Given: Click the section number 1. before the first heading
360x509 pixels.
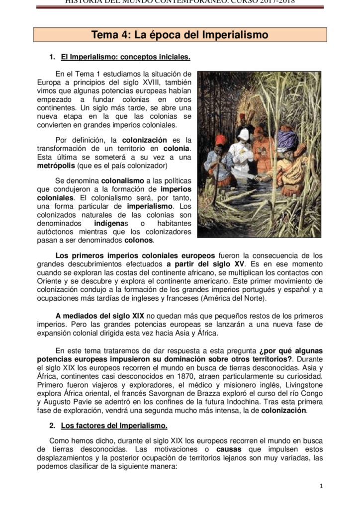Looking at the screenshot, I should click(53, 57).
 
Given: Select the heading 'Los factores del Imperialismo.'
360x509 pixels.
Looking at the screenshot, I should click(114, 425).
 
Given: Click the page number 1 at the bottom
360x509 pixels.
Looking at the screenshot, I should click(321, 486).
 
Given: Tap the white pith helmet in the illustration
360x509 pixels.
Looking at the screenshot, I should click(244, 135).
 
